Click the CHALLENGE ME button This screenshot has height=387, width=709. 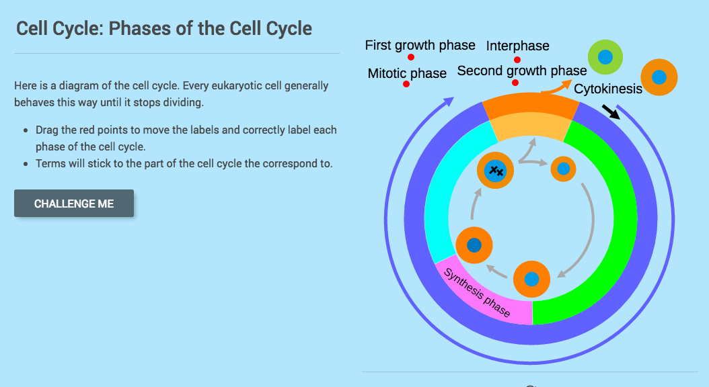click(74, 204)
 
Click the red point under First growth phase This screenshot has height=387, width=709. click(410, 57)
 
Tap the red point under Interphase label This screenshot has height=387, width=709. click(517, 60)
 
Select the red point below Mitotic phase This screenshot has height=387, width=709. click(406, 84)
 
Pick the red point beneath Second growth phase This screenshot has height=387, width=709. click(515, 83)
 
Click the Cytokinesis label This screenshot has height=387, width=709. click(607, 89)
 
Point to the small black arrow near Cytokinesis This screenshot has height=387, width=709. click(611, 112)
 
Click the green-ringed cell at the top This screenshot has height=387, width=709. click(605, 57)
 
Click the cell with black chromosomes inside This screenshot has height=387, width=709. click(496, 171)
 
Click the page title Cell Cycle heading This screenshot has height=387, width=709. click(164, 28)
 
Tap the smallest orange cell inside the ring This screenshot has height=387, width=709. click(564, 169)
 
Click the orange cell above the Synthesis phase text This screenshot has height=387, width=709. click(474, 245)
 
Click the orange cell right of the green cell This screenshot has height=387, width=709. click(659, 77)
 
